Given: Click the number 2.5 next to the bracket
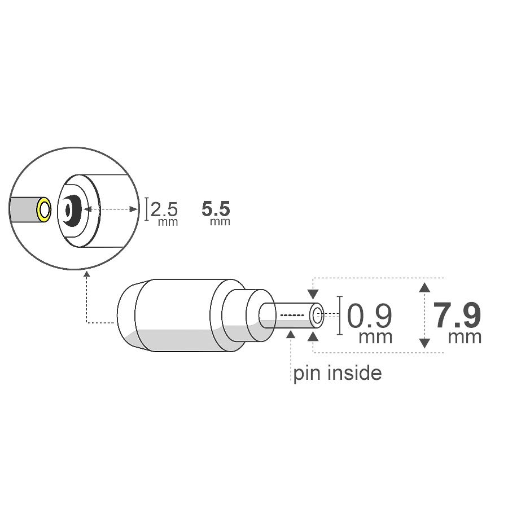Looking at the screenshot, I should coord(164,210).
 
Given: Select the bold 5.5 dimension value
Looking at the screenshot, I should coord(216,209).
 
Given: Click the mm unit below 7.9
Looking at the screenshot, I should coord(465,338).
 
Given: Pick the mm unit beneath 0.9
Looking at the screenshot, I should coord(375,338).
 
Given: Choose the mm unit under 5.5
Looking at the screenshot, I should coord(220,222).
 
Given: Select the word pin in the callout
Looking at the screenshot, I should coord(305,374).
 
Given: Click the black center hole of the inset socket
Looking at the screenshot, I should coord(69,210).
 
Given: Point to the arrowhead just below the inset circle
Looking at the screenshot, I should coord(86,275).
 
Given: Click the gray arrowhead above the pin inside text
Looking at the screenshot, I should coord(291,335).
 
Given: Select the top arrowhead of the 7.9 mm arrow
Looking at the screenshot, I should coord(425,287).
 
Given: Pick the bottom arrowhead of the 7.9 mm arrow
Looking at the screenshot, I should coord(425,343).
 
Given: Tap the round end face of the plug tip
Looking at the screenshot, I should coord(316,316).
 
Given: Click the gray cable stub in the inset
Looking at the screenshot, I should coord(23,210).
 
